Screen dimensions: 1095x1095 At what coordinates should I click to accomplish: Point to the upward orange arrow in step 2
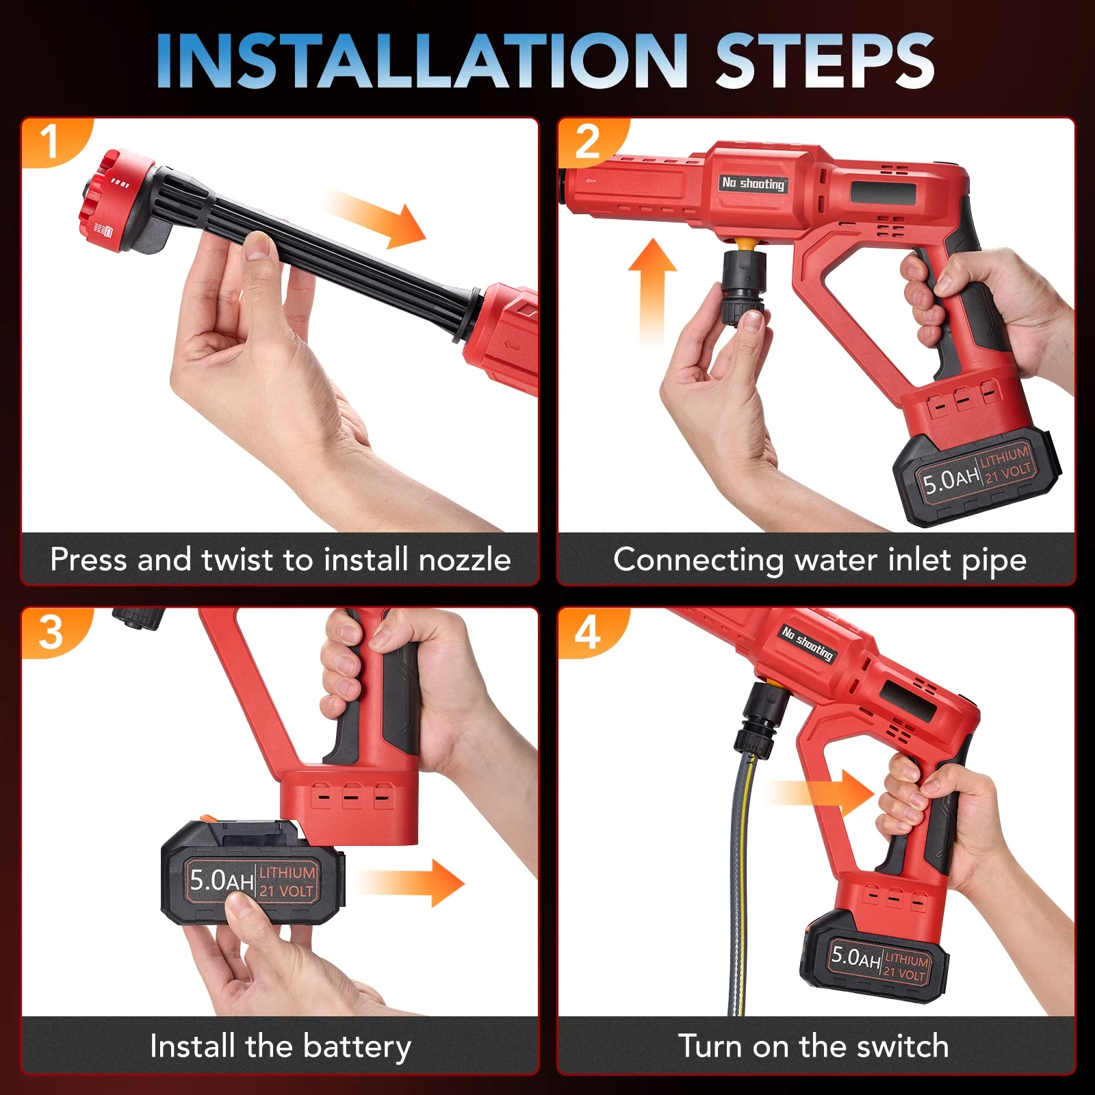(x=653, y=291)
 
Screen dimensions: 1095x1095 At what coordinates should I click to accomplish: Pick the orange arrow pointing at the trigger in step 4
(x=821, y=793)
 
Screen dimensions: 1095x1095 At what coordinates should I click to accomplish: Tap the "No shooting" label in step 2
(x=753, y=183)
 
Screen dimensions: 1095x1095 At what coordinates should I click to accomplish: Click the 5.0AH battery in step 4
(x=875, y=955)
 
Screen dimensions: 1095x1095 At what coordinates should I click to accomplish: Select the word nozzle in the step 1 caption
(x=465, y=560)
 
